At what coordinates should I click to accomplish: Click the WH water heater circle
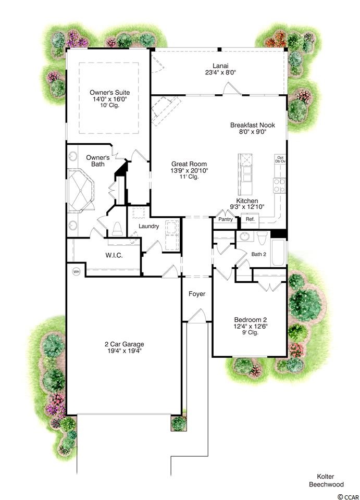click(76, 272)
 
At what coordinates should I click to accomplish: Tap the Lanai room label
click(221, 66)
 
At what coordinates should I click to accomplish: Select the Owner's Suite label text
click(110, 93)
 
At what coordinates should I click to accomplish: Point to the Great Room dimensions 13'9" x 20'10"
click(189, 171)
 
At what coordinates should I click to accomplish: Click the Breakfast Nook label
click(253, 125)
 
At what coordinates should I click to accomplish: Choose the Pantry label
click(226, 219)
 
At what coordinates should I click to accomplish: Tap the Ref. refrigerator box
click(250, 219)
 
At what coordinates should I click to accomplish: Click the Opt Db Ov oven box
click(280, 159)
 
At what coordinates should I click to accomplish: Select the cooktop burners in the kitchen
click(279, 185)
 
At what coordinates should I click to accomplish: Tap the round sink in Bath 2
click(245, 236)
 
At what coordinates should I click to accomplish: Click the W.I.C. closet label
click(114, 255)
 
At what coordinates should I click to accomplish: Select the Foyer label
click(197, 294)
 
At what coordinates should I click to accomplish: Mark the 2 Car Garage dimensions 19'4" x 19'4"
click(125, 351)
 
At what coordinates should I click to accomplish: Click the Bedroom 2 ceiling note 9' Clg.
click(251, 332)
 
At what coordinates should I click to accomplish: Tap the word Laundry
click(148, 226)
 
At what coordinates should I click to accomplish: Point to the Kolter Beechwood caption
click(326, 481)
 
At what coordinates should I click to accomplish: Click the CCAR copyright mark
click(349, 496)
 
